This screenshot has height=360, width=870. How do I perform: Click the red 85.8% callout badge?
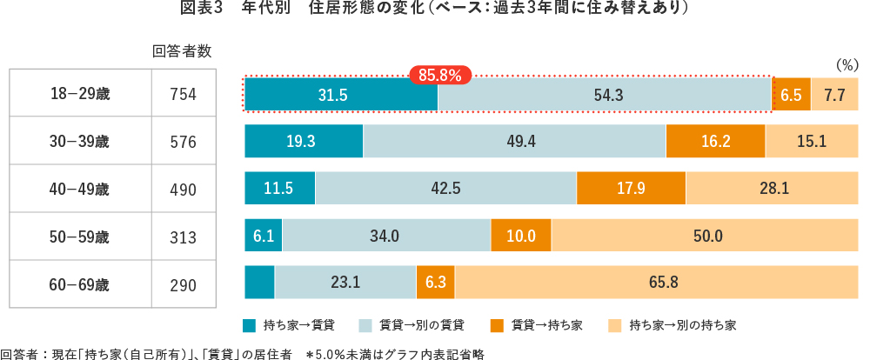pyautogui.click(x=439, y=75)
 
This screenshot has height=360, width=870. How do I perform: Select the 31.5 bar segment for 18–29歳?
pyautogui.click(x=341, y=95)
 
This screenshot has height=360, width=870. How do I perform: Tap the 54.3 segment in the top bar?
pyautogui.click(x=605, y=95)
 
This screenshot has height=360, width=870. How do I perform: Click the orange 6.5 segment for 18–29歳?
pyautogui.click(x=792, y=95)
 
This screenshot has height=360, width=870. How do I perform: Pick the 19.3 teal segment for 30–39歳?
pyautogui.click(x=304, y=142)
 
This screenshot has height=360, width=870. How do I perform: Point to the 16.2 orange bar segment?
pyautogui.click(x=715, y=142)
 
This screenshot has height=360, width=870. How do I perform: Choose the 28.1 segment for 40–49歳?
pyautogui.click(x=768, y=189)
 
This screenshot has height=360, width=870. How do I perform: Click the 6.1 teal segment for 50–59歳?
pyautogui.click(x=264, y=236)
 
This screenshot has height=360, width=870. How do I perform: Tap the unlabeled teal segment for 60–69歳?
pyautogui.click(x=259, y=283)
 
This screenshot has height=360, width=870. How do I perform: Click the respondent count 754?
pyautogui.click(x=183, y=95)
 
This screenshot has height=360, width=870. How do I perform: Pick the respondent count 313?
pyautogui.click(x=183, y=237)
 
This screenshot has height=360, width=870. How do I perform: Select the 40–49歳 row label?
pyautogui.click(x=80, y=190)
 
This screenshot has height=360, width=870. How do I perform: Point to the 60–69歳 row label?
pyautogui.click(x=80, y=283)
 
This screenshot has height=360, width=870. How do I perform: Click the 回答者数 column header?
pyautogui.click(x=183, y=50)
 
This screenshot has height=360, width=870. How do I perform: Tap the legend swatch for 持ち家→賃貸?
pyautogui.click(x=250, y=325)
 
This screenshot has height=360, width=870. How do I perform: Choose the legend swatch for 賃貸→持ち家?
pyautogui.click(x=497, y=325)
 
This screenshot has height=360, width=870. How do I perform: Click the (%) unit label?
pyautogui.click(x=846, y=65)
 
